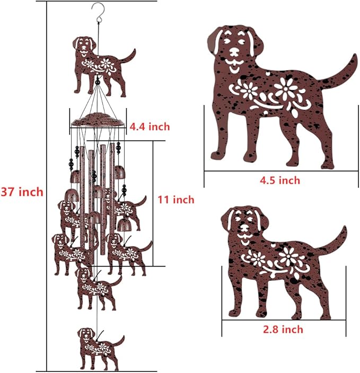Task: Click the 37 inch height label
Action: point(22,192)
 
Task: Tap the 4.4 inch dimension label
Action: point(150,126)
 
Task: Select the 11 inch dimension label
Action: point(176,200)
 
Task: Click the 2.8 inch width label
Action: point(283,330)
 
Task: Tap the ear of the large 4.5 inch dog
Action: point(215,42)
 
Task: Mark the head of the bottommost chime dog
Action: point(85,337)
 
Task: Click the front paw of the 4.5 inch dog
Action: point(219,154)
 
